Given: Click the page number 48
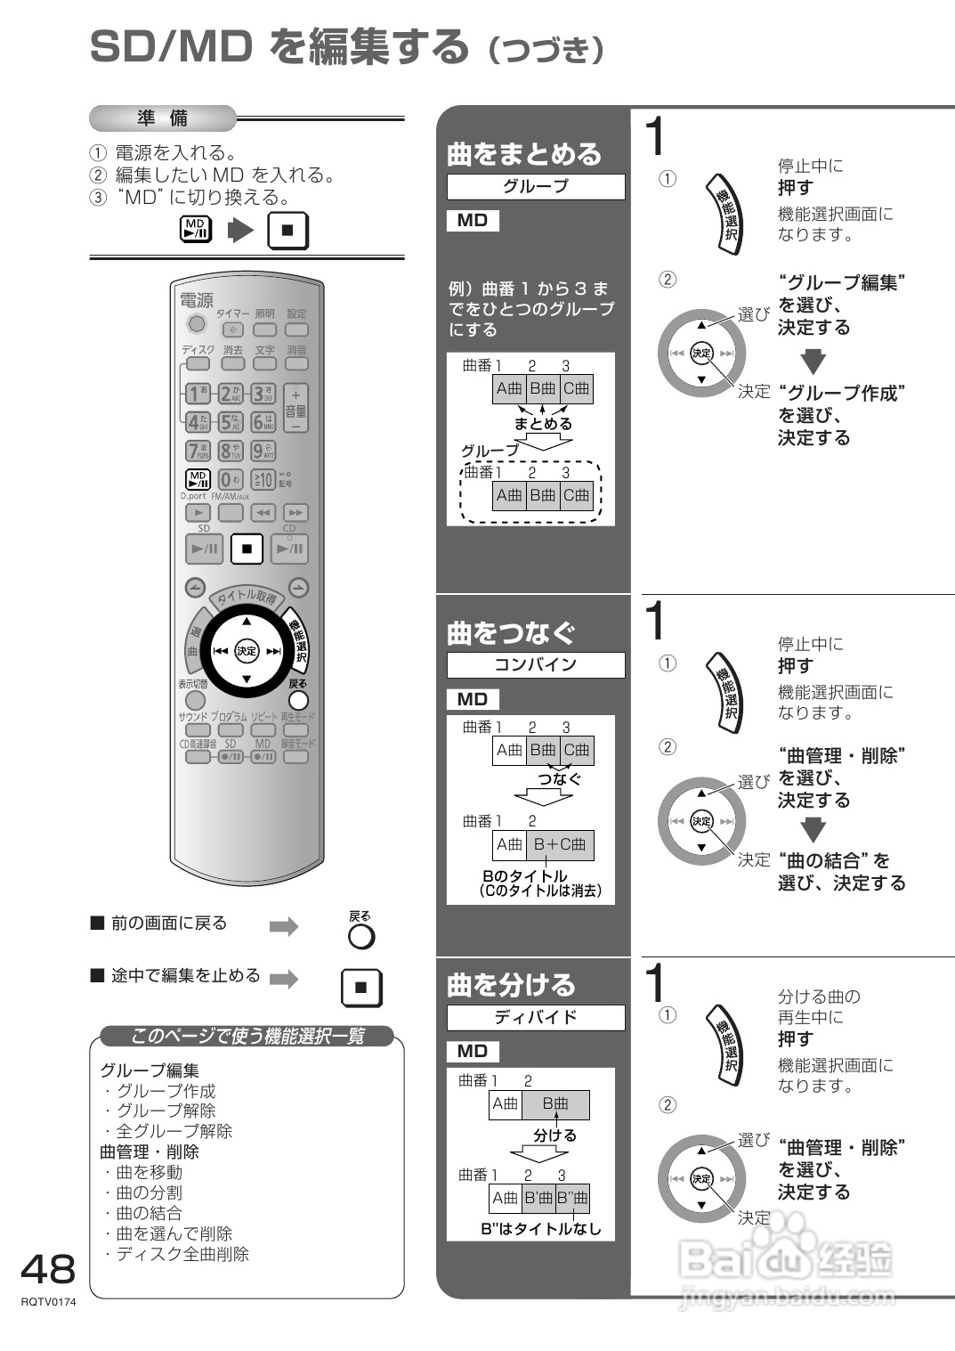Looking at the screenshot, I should pos(48,1268).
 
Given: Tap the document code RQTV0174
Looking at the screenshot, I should pos(49,1302).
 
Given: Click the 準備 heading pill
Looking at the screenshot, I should pos(163,118).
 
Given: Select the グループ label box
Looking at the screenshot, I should pos(535,186).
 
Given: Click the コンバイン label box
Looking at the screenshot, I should pos(535,664).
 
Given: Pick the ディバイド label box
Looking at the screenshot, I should pos(535,1017).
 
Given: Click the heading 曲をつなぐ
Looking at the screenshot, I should pos(511,632).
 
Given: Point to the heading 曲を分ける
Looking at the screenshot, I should pos(511,985).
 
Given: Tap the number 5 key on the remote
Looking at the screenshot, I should pos(231,422).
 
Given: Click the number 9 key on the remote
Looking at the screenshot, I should pos(263,451).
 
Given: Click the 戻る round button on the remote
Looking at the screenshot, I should pos(299,700).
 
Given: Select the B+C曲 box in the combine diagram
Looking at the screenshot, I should pos(560,844).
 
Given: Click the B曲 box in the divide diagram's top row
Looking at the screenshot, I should pos(555,1104).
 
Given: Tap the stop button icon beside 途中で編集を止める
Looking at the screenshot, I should pos(361,987).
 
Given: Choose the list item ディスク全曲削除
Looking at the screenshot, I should pos(182,1254).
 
